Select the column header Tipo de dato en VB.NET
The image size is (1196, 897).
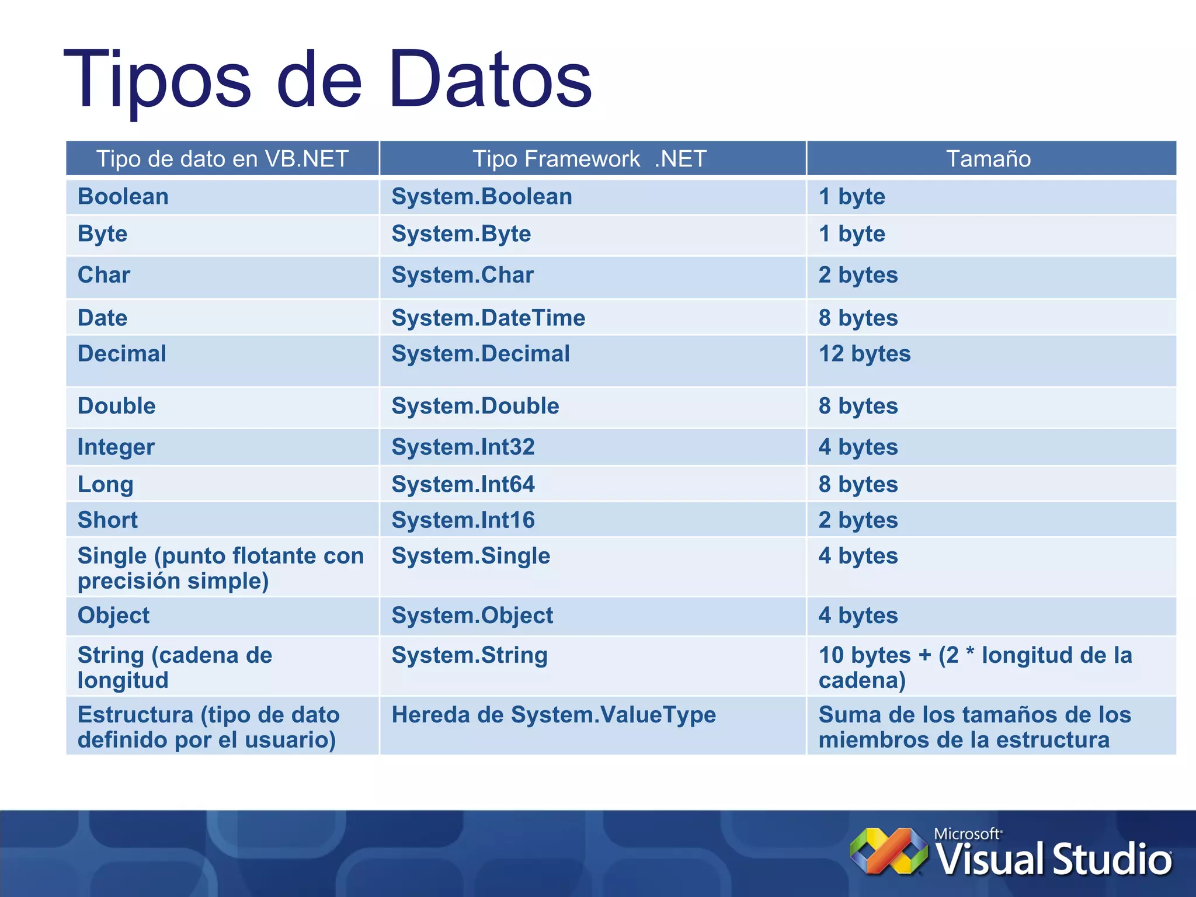[x=222, y=159]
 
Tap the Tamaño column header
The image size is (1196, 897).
[x=988, y=159]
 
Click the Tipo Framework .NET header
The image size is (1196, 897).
[x=589, y=159]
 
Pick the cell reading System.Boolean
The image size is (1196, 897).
[x=481, y=197]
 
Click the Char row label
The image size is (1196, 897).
[x=104, y=275]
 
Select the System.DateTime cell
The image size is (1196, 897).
[x=488, y=318]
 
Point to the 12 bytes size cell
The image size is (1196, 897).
[x=864, y=354]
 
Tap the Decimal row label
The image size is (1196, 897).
[x=122, y=354]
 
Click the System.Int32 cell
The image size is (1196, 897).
[x=463, y=447]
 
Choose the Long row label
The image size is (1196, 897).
[x=106, y=485]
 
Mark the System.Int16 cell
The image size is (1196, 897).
[x=463, y=520]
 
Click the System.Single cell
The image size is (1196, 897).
[x=471, y=556]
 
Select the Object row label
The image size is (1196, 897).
[x=114, y=616]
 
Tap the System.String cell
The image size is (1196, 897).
[x=470, y=655]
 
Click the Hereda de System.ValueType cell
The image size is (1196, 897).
[x=554, y=715]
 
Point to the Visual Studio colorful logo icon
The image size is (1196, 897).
[x=888, y=851]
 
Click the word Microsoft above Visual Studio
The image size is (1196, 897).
[x=967, y=834]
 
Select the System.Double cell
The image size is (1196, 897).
[x=475, y=406]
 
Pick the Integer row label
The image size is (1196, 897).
[x=116, y=447]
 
